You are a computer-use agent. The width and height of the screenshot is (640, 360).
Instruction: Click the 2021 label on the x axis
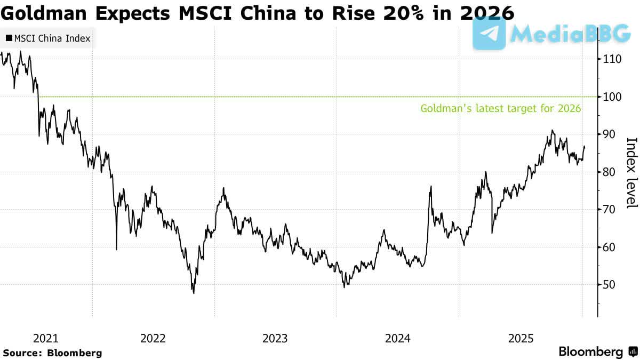[x=46, y=338]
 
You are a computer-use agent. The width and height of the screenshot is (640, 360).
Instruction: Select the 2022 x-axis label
[x=153, y=338]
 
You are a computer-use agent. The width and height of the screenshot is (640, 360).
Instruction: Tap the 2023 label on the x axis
[x=275, y=338]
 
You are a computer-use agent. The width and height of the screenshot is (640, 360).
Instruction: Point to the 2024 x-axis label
[x=397, y=338]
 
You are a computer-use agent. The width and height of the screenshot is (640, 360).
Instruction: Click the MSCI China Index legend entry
[x=48, y=38]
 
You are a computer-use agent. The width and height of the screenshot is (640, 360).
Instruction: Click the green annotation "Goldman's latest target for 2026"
[x=501, y=108]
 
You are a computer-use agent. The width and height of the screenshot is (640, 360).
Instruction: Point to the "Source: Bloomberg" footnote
[x=52, y=353]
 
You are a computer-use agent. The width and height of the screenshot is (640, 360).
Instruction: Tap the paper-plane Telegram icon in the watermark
[x=489, y=33]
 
